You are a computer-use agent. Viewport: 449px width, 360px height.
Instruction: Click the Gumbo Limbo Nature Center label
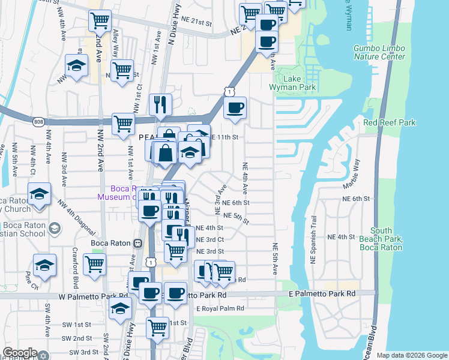(x=379, y=52)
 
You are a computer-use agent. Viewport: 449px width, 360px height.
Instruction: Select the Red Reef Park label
(x=390, y=122)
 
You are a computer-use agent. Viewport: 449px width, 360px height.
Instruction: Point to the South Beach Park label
(x=386, y=239)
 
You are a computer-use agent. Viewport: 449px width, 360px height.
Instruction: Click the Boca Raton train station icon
(x=137, y=243)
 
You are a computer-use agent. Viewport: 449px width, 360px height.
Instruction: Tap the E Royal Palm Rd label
(x=220, y=308)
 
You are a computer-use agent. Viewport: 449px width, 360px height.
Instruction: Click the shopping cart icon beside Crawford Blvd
(x=95, y=263)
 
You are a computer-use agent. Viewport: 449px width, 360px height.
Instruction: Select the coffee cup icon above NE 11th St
(x=235, y=108)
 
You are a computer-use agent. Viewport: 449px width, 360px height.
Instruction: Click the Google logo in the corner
(x=20, y=353)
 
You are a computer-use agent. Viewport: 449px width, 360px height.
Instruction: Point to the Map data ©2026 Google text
(x=411, y=355)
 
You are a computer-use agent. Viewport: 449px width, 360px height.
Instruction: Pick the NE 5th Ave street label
(x=276, y=259)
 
